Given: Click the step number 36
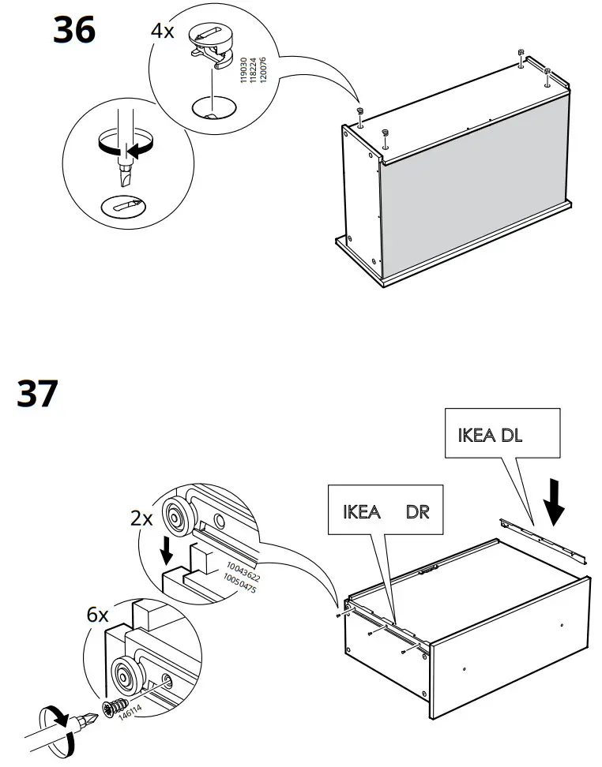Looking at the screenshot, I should pos(74,31).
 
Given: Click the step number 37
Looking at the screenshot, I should pos(38,395).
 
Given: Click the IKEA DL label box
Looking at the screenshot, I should pos(502,433).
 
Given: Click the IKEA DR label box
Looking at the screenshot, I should pos(386,511).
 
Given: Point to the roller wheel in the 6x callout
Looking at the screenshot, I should pos(126,675).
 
